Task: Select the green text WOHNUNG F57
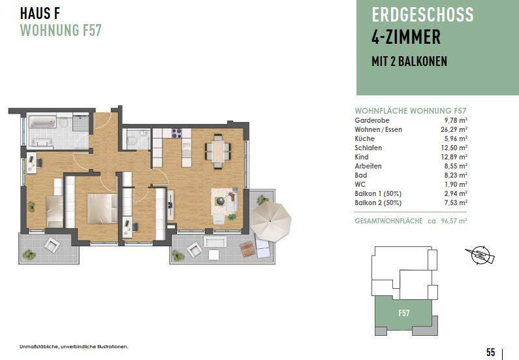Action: (x=60, y=30)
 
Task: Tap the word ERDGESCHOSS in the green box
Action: (x=422, y=16)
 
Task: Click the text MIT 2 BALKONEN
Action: (x=409, y=62)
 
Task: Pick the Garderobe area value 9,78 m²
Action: (x=455, y=120)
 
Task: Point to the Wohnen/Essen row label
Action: (x=378, y=129)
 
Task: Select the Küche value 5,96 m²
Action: (x=455, y=139)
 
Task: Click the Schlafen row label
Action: (x=368, y=148)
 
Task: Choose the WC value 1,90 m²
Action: (x=455, y=184)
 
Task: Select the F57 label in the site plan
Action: (x=404, y=314)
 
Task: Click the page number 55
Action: (x=490, y=352)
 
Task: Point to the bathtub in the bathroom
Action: (x=43, y=123)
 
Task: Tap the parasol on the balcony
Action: (x=271, y=220)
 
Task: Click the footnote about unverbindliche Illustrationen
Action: (x=74, y=346)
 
